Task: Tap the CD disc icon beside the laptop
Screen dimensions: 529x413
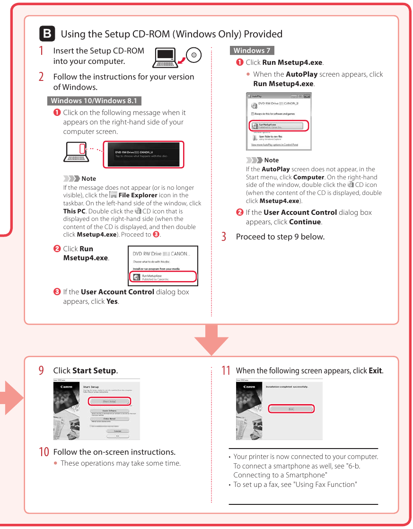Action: [x=193, y=55]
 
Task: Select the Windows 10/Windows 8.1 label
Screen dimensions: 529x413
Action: [x=94, y=100]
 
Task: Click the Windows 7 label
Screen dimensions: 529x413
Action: [x=252, y=50]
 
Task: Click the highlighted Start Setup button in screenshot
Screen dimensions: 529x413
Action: [x=109, y=401]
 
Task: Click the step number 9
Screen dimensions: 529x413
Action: [x=42, y=370]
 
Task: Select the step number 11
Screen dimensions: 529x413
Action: [x=226, y=370]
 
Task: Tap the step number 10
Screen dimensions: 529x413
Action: [x=43, y=452]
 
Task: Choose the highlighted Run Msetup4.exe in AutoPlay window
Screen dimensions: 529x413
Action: [x=278, y=126]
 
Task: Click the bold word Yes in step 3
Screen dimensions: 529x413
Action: [x=112, y=301]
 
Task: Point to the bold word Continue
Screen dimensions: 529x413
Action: [x=305, y=222]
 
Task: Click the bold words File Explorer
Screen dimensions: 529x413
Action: [x=138, y=195]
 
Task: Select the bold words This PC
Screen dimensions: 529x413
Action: [x=74, y=211]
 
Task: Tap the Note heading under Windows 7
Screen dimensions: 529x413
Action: [x=271, y=160]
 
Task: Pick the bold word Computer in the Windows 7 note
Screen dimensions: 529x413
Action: [x=308, y=177]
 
